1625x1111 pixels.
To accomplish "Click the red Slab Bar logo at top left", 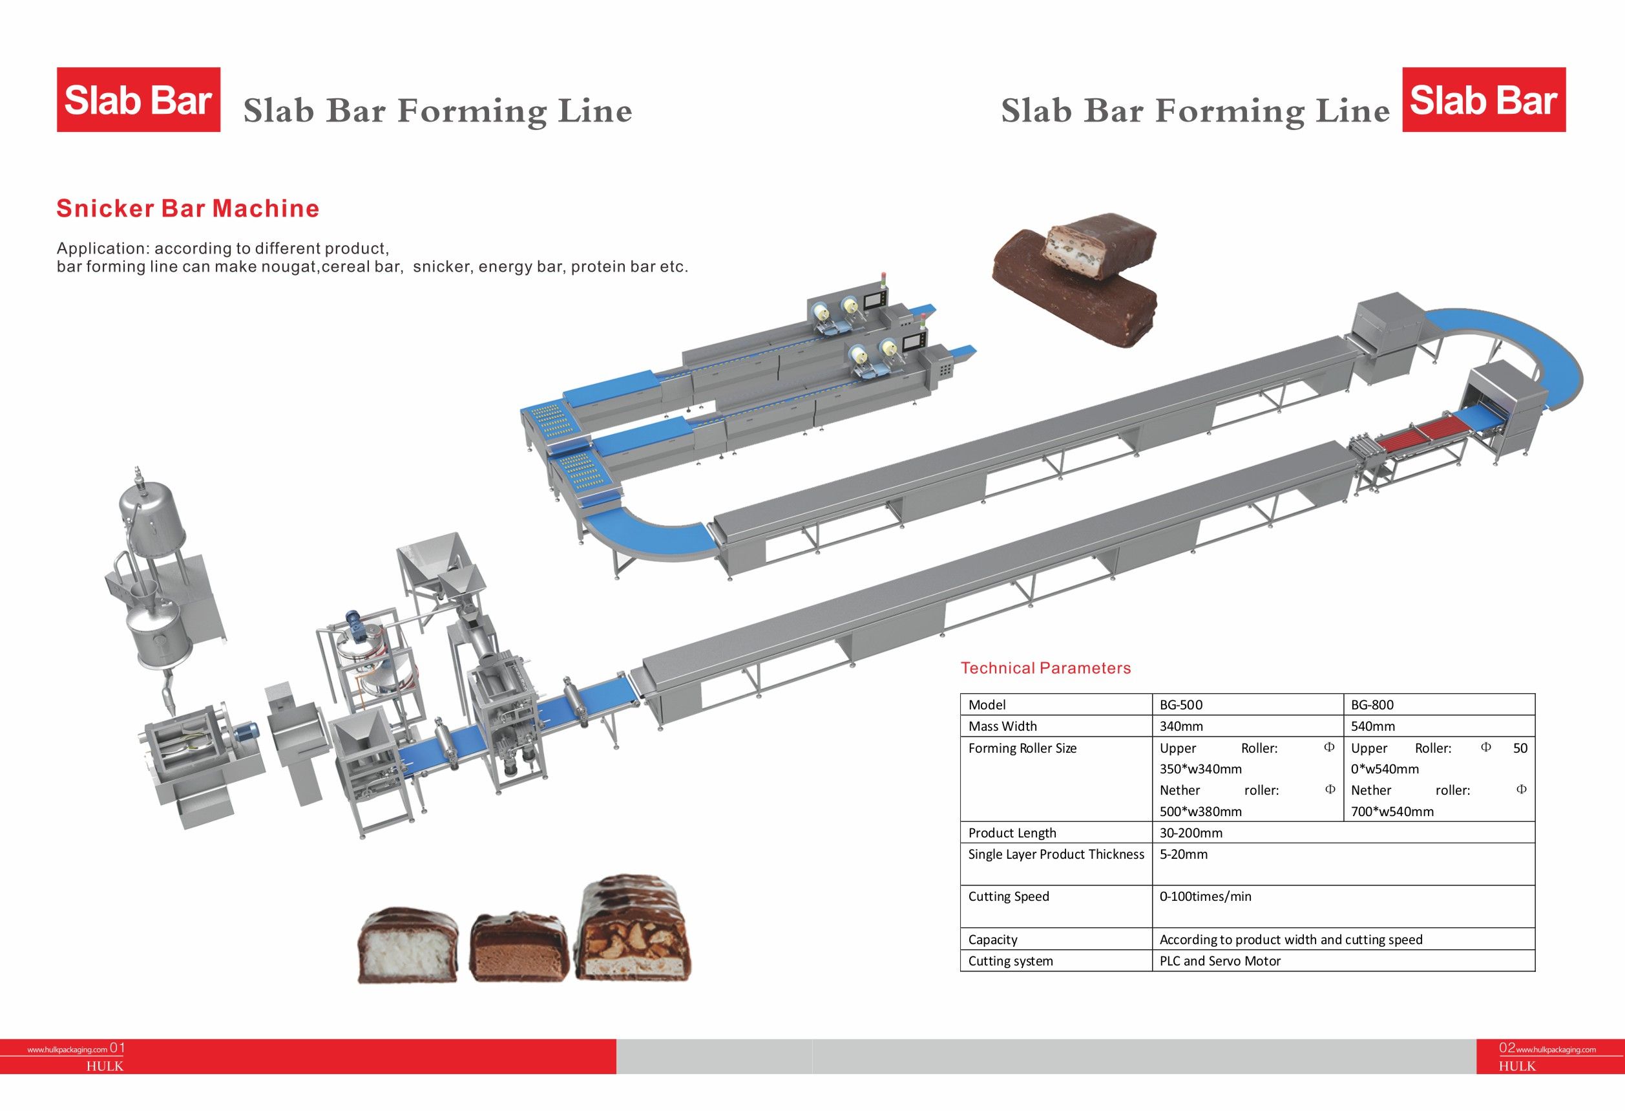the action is click(138, 100).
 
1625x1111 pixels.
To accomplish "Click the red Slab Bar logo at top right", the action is click(1483, 100).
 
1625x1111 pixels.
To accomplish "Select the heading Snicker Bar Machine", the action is click(187, 208).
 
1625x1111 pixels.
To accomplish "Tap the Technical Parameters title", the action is click(1045, 668).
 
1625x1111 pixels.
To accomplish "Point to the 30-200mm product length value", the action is click(1191, 832).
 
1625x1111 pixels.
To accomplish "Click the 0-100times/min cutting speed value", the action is click(1206, 896).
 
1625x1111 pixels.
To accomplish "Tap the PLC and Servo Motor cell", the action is click(1220, 960).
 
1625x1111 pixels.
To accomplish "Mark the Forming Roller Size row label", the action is click(1022, 748).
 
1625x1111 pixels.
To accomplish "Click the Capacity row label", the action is click(992, 940).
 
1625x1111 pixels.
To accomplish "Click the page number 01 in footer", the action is click(118, 1048).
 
